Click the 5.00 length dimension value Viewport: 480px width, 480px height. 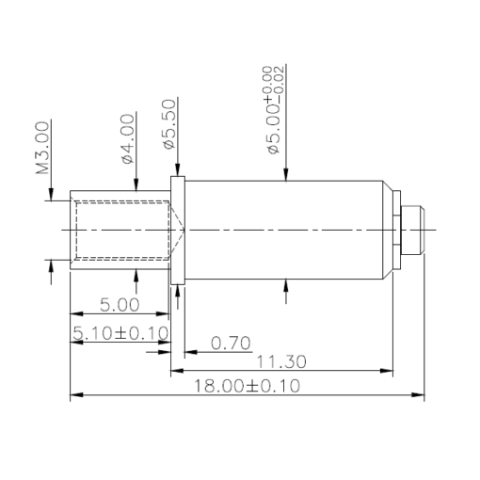pyautogui.click(x=120, y=305)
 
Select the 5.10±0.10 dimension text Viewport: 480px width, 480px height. pyautogui.click(x=120, y=332)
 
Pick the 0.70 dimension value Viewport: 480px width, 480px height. pyautogui.click(x=231, y=343)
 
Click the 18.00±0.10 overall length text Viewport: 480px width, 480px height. pyautogui.click(x=247, y=386)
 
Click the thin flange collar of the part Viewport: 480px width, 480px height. pyautogui.click(x=176, y=230)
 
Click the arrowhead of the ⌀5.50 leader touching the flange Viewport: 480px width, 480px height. pyautogui.click(x=175, y=171)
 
